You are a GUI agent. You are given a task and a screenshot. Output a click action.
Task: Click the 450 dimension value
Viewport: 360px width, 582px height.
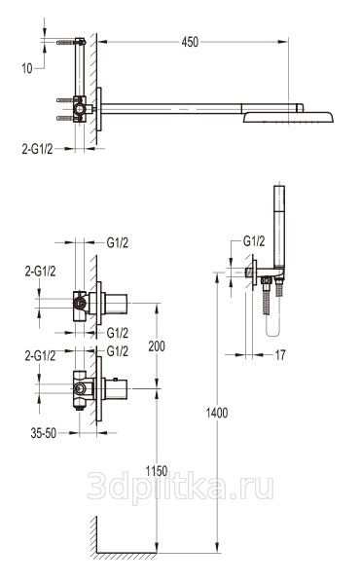coord(190,42)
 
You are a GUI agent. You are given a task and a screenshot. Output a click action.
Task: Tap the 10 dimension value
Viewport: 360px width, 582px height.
coord(27,68)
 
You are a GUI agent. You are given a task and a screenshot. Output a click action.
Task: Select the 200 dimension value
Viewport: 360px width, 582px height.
coord(157,346)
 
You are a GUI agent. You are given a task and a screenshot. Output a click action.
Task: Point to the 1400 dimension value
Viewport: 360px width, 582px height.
coord(217,413)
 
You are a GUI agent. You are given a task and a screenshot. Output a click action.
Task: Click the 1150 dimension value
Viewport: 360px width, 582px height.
coord(157,471)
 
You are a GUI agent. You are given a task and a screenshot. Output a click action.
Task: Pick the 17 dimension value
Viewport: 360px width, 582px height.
coord(280,355)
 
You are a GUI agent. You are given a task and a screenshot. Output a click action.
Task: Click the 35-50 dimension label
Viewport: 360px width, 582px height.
coord(44,433)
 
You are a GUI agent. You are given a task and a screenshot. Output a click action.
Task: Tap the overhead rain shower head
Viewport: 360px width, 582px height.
coord(288,118)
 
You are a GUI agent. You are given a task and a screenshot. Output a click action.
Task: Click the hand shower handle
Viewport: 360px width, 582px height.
coord(279,227)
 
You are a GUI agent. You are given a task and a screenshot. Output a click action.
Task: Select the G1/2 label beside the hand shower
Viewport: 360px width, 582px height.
coord(254,241)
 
